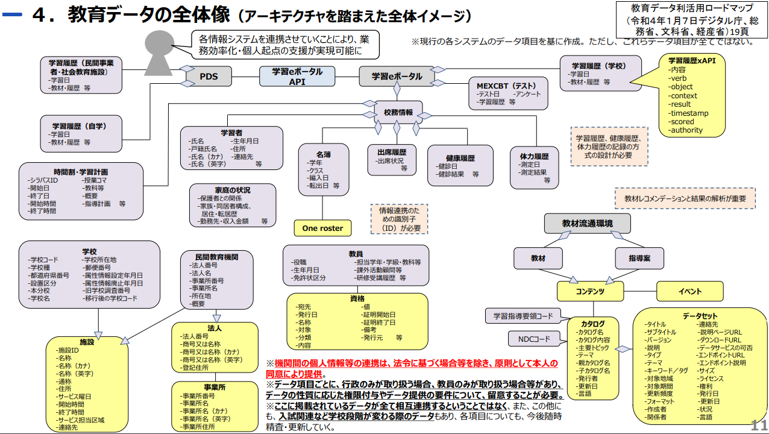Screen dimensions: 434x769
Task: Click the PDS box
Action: click(x=209, y=77)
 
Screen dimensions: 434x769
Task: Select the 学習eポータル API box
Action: click(x=297, y=77)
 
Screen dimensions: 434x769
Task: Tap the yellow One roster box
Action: click(x=322, y=228)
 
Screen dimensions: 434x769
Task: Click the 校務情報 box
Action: click(x=398, y=112)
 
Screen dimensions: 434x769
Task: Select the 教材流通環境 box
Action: click(x=587, y=224)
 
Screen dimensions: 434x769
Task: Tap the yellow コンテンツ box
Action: click(x=589, y=291)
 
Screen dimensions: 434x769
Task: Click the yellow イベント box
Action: click(x=689, y=291)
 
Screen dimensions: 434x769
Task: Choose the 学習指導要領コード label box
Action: click(x=523, y=316)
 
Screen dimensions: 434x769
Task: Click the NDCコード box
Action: click(x=534, y=339)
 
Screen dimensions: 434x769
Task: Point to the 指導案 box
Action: click(x=639, y=258)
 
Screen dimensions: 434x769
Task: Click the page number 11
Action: click(x=758, y=424)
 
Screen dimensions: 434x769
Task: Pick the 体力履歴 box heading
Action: click(x=534, y=156)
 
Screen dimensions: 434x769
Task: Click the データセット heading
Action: click(x=700, y=316)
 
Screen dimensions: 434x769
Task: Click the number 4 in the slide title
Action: click(x=40, y=15)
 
